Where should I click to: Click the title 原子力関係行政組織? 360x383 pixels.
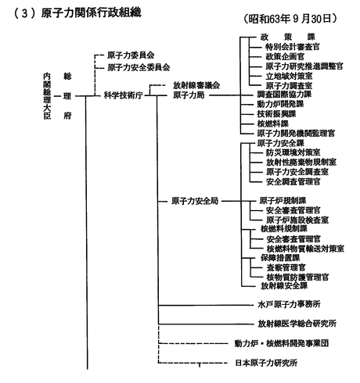91,13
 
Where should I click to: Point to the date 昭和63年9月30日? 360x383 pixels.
290,19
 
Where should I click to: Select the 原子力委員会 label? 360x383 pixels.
131,55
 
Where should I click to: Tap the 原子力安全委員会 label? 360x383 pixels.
139,67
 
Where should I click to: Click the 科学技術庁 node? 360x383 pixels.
124,95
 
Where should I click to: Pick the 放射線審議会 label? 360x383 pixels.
196,85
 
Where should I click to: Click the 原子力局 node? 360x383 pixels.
189,95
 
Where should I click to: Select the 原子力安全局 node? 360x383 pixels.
195,201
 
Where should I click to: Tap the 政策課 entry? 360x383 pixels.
288,37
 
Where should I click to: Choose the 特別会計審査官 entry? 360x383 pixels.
293,47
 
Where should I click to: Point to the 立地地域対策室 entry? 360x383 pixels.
289,76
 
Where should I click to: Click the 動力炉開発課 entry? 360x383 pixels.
280,104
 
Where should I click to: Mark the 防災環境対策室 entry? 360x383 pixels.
293,152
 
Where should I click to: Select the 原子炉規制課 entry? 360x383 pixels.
283,201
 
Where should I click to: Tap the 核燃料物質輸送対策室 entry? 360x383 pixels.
305,249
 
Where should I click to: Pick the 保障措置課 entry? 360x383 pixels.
280,258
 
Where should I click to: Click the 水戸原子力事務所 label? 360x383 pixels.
289,304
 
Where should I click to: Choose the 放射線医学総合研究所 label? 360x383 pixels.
297,324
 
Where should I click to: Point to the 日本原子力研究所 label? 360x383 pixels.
266,363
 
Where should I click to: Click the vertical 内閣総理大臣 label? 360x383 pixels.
47,96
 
